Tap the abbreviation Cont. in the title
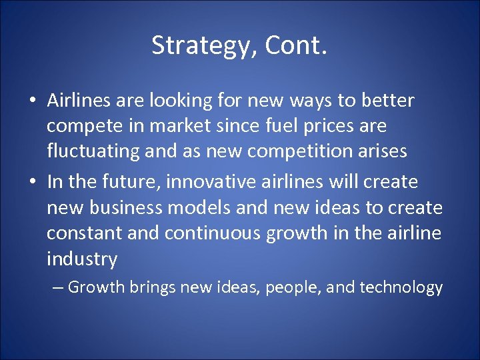pyautogui.click(x=296, y=45)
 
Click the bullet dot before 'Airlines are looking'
pyautogui.click(x=32, y=101)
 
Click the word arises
pyautogui.click(x=382, y=151)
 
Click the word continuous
pyautogui.click(x=216, y=233)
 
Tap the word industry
pyautogui.click(x=82, y=259)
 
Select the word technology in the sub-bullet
pyautogui.click(x=401, y=287)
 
